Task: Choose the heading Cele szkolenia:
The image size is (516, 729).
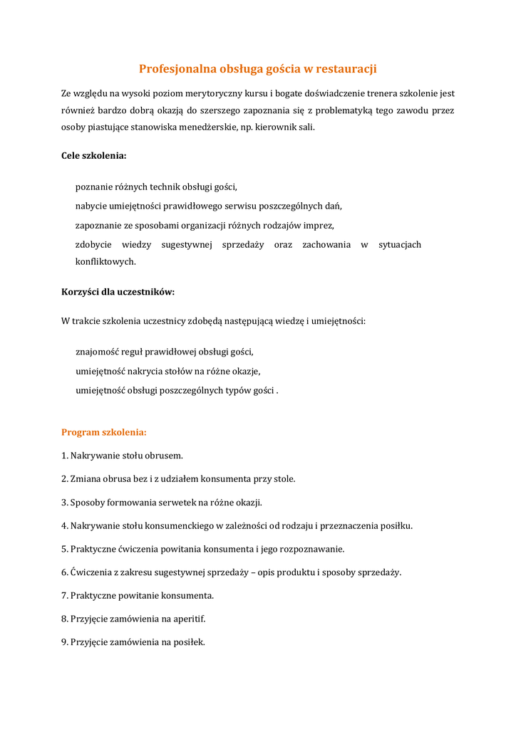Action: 94,155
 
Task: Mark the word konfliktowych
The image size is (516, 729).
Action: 105,261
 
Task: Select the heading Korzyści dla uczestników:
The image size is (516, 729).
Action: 118,292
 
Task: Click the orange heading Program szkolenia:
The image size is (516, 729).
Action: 104,432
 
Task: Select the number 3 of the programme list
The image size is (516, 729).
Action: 64,502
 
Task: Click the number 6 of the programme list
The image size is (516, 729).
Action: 64,572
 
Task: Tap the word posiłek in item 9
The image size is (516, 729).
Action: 188,642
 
